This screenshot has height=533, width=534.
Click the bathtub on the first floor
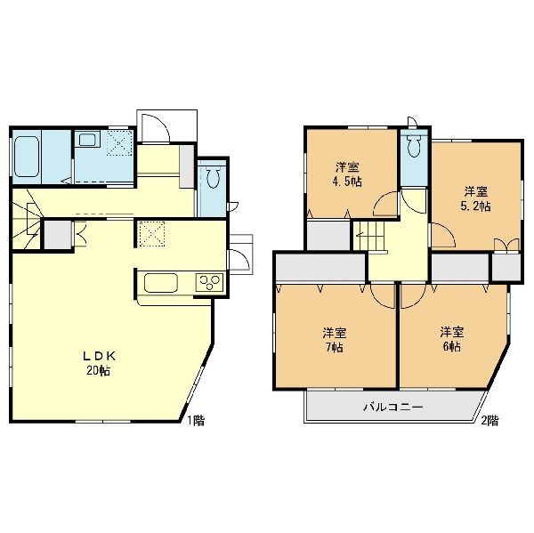click(27, 157)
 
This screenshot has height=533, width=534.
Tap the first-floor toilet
click(213, 176)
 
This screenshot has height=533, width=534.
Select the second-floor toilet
click(414, 144)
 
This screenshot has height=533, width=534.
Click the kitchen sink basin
click(161, 283)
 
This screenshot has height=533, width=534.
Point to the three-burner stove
click(209, 282)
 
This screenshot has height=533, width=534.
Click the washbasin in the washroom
click(87, 140)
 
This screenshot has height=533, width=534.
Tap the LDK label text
click(100, 356)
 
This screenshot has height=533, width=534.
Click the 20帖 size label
click(98, 370)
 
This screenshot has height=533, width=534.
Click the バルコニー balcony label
click(393, 407)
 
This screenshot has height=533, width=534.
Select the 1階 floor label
click(196, 421)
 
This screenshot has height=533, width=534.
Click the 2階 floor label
click(489, 421)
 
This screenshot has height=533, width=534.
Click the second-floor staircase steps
click(368, 236)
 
